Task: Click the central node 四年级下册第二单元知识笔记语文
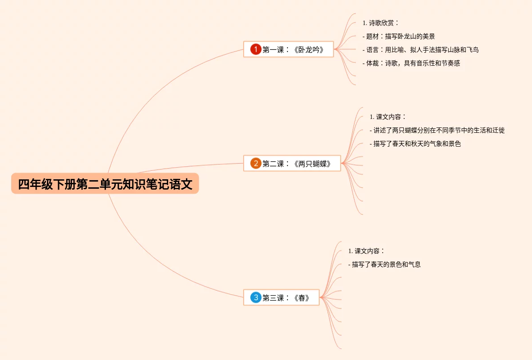click(105, 184)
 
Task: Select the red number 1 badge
click(256, 49)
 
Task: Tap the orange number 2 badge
click(256, 163)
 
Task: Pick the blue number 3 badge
click(256, 297)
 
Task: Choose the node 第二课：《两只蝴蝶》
click(296, 164)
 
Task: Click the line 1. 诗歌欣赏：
click(380, 23)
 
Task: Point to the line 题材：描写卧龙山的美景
click(398, 36)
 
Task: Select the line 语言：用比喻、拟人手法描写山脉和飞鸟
click(420, 50)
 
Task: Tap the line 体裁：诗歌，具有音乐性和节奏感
click(411, 63)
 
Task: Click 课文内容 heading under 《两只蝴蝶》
click(388, 117)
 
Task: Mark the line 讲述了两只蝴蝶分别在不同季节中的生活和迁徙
click(437, 130)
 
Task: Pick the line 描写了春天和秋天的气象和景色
click(415, 144)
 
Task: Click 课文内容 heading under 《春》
click(366, 251)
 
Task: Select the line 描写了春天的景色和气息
click(384, 264)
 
